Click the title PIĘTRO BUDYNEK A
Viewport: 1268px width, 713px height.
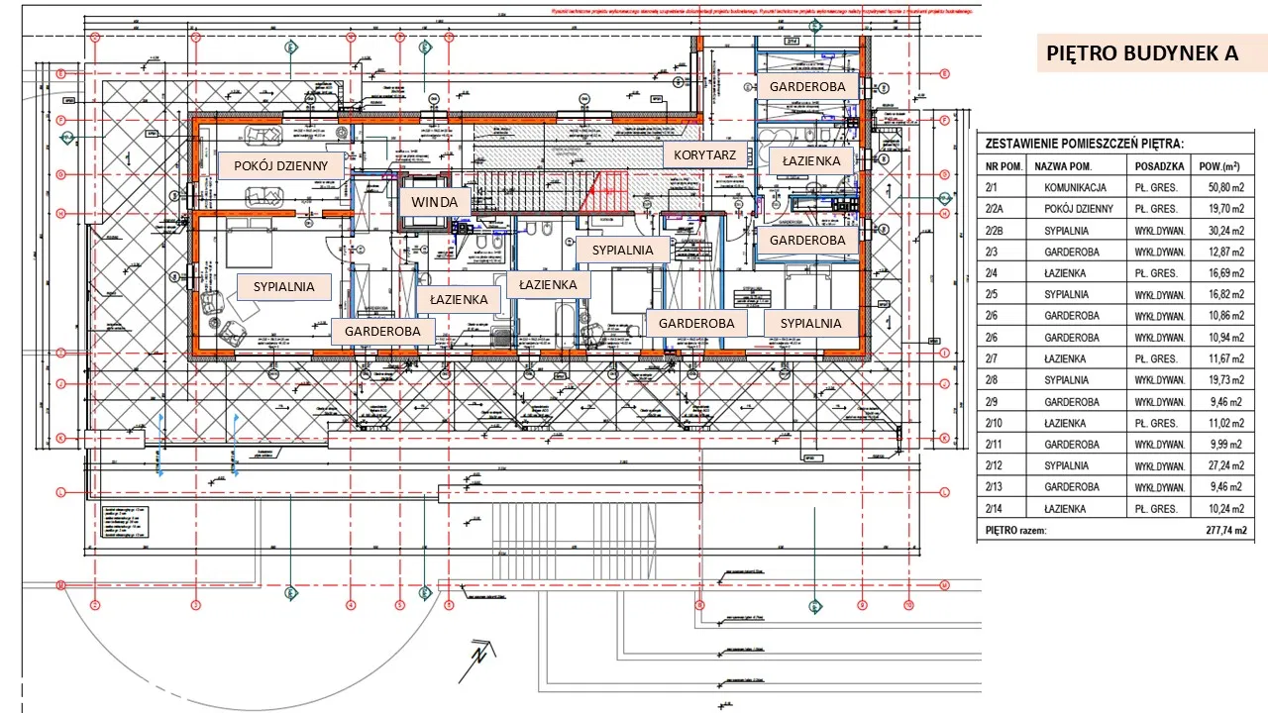click(x=1141, y=52)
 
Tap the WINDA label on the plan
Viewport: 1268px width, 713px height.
click(x=435, y=202)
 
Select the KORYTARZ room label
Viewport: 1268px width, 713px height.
click(x=704, y=155)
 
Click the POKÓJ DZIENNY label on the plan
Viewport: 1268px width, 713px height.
click(x=280, y=165)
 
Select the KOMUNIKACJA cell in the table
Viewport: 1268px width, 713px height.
click(x=1075, y=187)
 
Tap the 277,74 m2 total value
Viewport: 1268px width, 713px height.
click(x=1220, y=531)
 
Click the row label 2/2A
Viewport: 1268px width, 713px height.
click(x=999, y=209)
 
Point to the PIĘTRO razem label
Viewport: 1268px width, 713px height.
click(x=1016, y=531)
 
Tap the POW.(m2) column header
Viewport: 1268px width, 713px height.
click(x=1221, y=166)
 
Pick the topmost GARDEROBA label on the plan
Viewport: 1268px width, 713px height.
click(x=807, y=87)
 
